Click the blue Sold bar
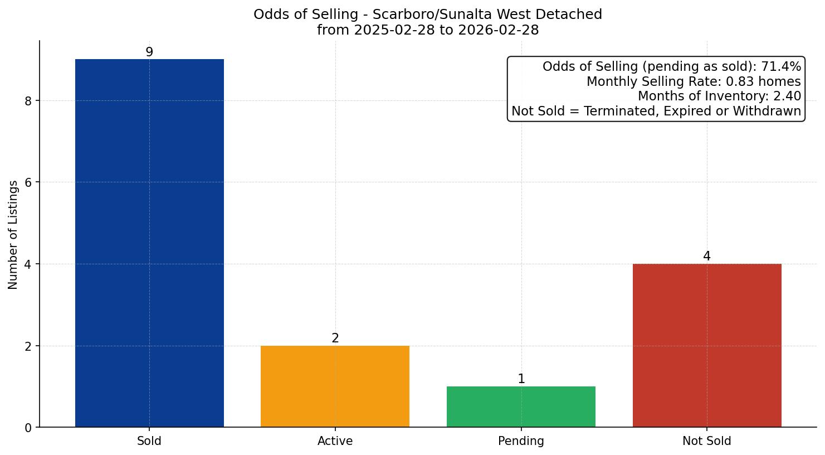click(149, 243)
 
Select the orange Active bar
click(335, 386)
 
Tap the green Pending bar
click(521, 406)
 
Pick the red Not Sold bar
click(707, 345)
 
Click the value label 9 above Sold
click(149, 52)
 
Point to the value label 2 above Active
click(335, 338)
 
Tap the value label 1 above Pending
click(521, 379)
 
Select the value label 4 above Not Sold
click(707, 256)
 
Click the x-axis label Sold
click(149, 441)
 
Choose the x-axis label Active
click(335, 441)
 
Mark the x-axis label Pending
click(521, 441)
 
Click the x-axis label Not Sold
click(707, 441)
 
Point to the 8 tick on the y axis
click(28, 101)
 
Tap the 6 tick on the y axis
click(28, 182)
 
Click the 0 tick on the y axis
click(28, 428)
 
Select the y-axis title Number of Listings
click(13, 234)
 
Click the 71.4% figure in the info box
click(781, 67)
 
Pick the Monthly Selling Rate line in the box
click(694, 82)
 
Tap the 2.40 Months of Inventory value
click(787, 96)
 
